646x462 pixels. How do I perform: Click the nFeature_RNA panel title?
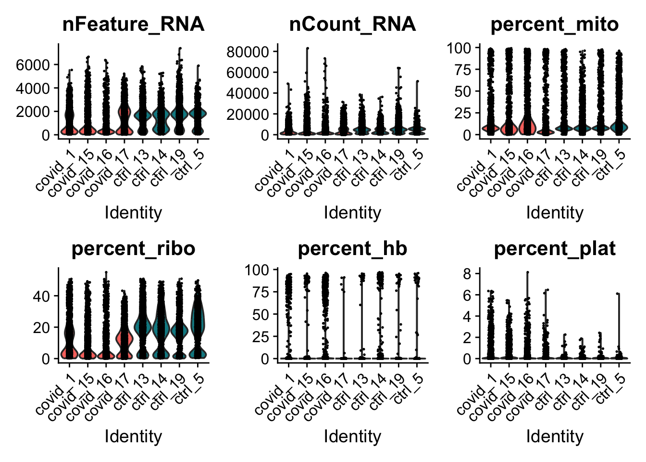tap(133, 24)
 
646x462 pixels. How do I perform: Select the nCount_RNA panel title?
tap(352, 24)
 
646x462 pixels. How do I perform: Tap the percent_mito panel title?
tap(555, 24)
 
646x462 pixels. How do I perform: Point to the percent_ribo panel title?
tap(133, 248)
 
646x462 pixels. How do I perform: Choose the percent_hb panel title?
tap(352, 248)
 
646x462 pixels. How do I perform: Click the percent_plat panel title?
tap(555, 248)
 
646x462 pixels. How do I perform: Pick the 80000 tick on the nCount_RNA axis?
tap(248, 51)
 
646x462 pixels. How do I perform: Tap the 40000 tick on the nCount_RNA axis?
tap(248, 93)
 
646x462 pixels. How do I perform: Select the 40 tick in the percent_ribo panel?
tap(42, 296)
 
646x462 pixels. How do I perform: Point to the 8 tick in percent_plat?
tap(466, 273)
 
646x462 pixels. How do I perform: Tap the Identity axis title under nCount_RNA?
tap(352, 212)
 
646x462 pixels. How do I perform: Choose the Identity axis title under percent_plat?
tap(555, 436)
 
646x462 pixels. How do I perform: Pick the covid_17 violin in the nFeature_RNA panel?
tap(124, 118)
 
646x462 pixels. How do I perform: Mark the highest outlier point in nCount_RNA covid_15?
tap(307, 48)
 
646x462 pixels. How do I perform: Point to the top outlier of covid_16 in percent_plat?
tap(527, 272)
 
